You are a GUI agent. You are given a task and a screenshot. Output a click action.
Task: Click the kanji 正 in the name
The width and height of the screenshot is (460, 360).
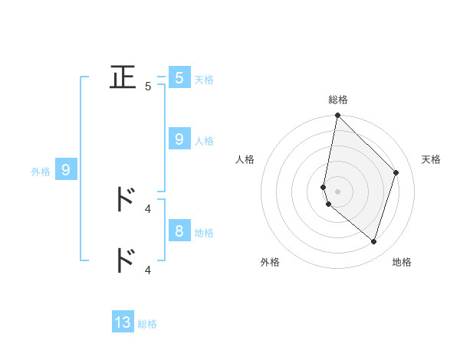pyautogui.click(x=123, y=77)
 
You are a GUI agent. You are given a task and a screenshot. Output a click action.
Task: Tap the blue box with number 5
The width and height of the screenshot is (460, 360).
pyautogui.click(x=179, y=77)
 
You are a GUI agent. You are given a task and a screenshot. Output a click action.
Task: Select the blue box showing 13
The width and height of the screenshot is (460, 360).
pyautogui.click(x=123, y=322)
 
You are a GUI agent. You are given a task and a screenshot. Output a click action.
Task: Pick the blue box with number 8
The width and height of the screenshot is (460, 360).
pyautogui.click(x=179, y=231)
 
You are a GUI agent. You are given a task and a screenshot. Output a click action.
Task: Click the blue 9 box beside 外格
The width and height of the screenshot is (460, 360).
pyautogui.click(x=66, y=170)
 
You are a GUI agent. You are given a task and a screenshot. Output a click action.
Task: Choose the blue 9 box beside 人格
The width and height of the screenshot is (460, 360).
pyautogui.click(x=179, y=139)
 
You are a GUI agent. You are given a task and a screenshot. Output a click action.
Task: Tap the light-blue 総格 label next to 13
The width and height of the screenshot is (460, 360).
pyautogui.click(x=147, y=324)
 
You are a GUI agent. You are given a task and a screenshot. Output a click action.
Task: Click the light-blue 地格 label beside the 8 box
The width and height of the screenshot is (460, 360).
pyautogui.click(x=204, y=233)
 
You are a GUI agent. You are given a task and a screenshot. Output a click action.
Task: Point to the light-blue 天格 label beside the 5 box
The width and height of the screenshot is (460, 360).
pyautogui.click(x=204, y=80)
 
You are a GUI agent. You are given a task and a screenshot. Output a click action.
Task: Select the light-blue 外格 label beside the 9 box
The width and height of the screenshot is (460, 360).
pyautogui.click(x=41, y=172)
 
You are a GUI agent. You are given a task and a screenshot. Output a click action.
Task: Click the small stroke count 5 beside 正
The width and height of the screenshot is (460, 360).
pyautogui.click(x=148, y=87)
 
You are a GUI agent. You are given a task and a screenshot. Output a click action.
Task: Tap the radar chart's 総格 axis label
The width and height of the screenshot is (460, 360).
pyautogui.click(x=338, y=100)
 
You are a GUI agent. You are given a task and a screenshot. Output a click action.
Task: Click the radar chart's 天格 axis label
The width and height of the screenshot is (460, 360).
pyautogui.click(x=431, y=159)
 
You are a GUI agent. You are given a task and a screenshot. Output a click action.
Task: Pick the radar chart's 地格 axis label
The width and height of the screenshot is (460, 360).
pyautogui.click(x=402, y=263)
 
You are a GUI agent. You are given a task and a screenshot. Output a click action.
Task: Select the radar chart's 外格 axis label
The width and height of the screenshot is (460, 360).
pyautogui.click(x=270, y=263)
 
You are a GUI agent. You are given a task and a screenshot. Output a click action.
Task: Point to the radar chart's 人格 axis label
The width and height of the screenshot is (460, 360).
pyautogui.click(x=245, y=159)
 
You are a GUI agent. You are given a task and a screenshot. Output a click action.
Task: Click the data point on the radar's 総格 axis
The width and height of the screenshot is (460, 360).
pyautogui.click(x=337, y=116)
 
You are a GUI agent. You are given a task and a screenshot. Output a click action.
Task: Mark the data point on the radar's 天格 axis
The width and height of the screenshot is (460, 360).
pyautogui.click(x=396, y=172)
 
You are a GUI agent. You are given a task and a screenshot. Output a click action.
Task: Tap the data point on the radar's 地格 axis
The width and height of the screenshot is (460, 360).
pyautogui.click(x=373, y=241)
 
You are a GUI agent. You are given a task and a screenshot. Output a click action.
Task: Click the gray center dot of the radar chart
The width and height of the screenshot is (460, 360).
pyautogui.click(x=337, y=191)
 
